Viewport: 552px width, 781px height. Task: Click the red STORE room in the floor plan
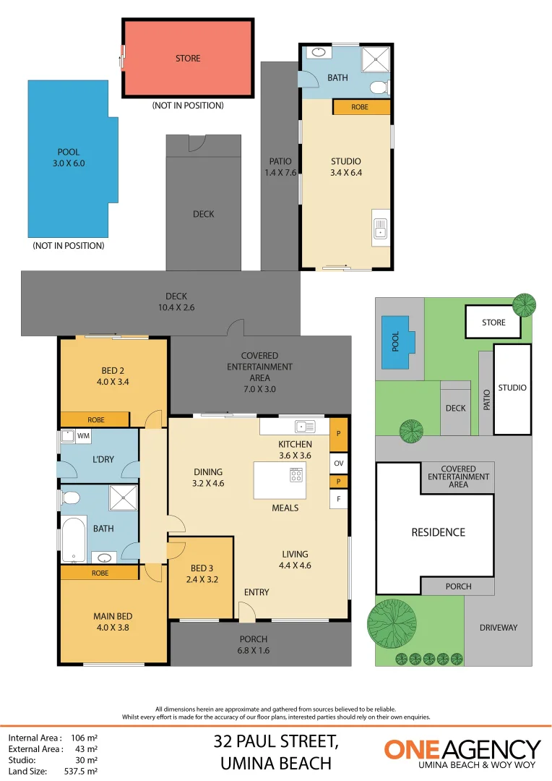[x=188, y=58]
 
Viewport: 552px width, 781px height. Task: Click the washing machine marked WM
[x=69, y=436]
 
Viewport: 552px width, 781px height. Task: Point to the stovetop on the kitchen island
[x=296, y=475]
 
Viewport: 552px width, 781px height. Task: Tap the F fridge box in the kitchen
[x=338, y=499]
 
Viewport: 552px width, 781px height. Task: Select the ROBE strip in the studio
[x=361, y=107]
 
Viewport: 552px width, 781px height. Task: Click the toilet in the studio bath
[x=379, y=88]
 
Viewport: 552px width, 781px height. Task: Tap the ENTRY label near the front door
[x=256, y=592]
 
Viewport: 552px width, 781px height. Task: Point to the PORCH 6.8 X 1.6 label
[x=254, y=644]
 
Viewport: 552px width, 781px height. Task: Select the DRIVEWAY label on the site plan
[x=499, y=628]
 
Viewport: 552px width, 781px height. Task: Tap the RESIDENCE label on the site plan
[x=438, y=532]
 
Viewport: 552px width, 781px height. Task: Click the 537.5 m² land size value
[x=84, y=771]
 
